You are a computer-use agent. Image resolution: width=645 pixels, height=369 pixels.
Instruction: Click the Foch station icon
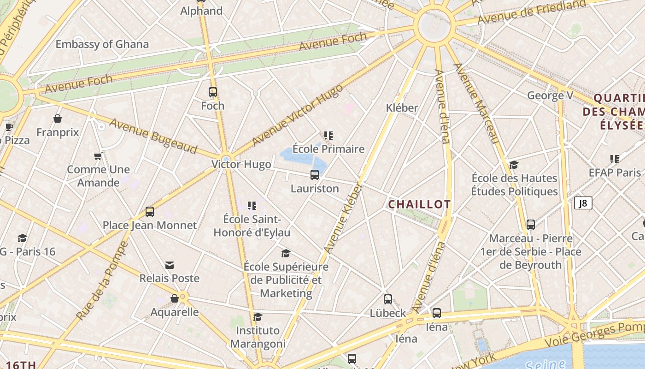click(x=212, y=92)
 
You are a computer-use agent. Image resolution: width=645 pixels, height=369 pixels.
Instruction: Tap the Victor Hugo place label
click(x=241, y=164)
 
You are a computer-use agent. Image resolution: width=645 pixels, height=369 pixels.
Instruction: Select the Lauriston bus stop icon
click(x=315, y=175)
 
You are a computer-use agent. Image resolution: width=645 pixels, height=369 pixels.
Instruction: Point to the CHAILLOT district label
click(x=419, y=204)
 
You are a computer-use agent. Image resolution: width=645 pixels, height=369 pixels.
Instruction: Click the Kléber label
click(x=402, y=108)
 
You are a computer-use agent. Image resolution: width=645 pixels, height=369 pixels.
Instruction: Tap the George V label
click(x=550, y=95)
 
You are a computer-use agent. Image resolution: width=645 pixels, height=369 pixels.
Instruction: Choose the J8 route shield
click(x=583, y=203)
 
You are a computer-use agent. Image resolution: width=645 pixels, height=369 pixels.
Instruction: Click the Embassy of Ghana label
click(x=102, y=44)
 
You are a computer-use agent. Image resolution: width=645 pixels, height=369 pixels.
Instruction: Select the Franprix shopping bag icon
click(x=58, y=119)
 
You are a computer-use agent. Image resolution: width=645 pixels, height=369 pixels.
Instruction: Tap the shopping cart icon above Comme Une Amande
click(x=98, y=156)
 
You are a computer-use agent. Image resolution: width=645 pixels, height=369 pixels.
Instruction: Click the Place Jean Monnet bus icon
click(x=149, y=212)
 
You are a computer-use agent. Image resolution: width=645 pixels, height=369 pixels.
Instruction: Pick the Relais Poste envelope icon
click(x=170, y=265)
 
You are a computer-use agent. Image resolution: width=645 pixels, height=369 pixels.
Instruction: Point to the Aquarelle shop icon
click(x=175, y=299)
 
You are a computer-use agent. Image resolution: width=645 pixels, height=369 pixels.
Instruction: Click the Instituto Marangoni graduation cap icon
click(x=258, y=317)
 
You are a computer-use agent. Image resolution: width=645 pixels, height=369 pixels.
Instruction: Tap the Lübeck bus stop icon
click(x=388, y=299)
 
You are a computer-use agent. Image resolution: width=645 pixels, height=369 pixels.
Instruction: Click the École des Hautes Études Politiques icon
click(x=514, y=165)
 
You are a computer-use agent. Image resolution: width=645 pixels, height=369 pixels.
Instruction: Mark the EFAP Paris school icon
click(x=614, y=159)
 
